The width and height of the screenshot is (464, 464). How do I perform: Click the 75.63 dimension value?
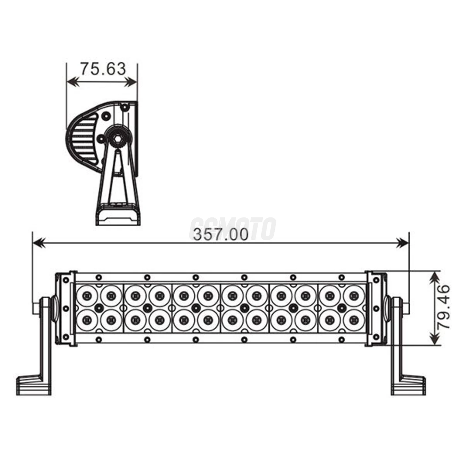click(103, 69)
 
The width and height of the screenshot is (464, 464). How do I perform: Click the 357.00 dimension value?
click(220, 235)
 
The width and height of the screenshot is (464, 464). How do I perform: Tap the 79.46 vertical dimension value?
click(443, 307)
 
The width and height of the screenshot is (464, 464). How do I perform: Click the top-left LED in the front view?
click(87, 294)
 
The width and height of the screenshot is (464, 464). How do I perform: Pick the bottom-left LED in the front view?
click(87, 320)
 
